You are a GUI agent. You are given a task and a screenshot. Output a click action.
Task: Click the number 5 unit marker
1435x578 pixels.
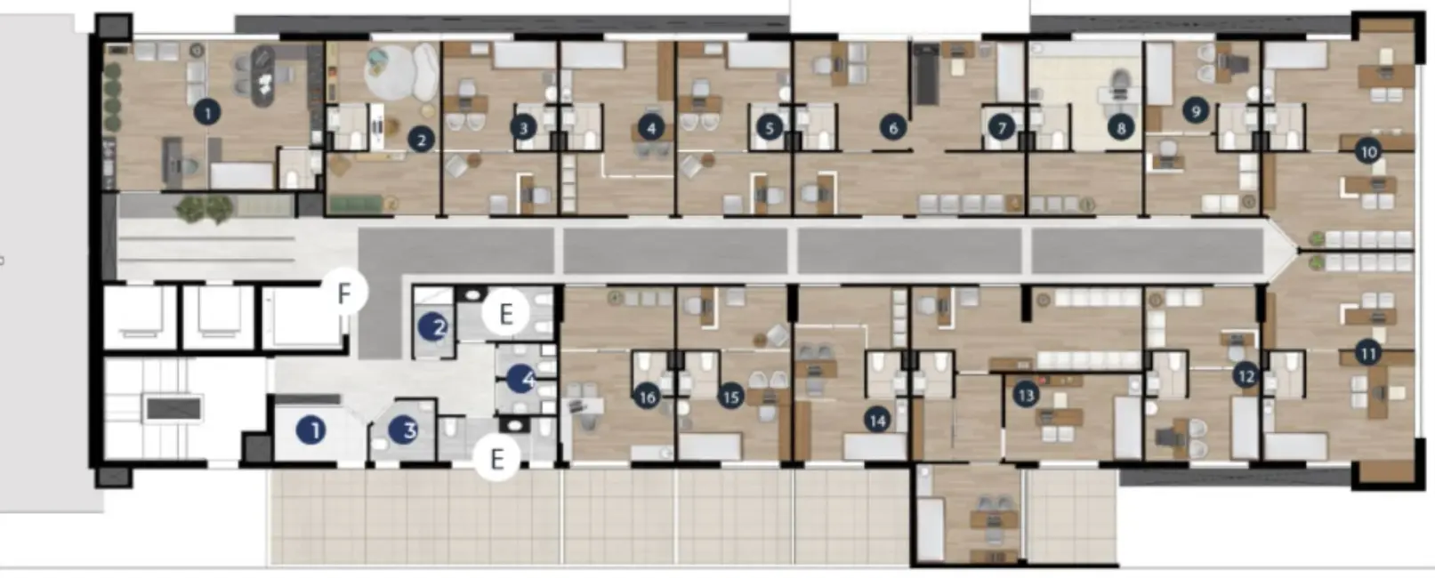tap(770, 128)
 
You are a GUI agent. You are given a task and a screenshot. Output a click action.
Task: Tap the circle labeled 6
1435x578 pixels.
tap(893, 128)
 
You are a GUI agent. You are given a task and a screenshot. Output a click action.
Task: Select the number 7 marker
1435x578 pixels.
tap(1002, 128)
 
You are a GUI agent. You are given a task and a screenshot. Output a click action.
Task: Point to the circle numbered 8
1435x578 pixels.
tap(1121, 128)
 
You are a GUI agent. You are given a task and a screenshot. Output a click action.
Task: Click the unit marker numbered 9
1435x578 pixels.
tap(1196, 111)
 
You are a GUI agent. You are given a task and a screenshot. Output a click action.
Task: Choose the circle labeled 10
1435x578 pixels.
tap(1368, 152)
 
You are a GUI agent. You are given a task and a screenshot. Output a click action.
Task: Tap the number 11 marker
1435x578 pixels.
tap(1367, 353)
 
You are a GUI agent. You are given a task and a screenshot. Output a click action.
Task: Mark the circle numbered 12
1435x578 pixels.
tap(1246, 376)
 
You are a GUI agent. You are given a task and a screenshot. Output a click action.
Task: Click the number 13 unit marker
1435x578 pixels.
tap(1027, 394)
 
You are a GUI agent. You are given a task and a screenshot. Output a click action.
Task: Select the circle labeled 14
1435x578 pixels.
tap(878, 420)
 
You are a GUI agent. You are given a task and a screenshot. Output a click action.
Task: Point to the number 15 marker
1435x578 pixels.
tap(731, 397)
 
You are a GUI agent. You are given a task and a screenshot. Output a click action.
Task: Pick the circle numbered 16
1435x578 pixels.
tap(647, 397)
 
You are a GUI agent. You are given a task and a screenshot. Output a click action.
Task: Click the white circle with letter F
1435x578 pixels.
tap(344, 293)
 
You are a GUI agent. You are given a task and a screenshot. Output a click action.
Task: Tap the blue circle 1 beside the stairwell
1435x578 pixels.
tap(311, 430)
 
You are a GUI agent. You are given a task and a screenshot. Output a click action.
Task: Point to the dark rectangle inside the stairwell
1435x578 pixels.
tap(174, 408)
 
